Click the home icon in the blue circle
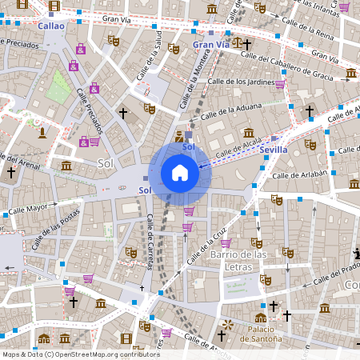(x=180, y=173)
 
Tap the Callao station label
(x=51, y=26)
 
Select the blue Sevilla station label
(x=274, y=150)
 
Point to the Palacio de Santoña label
(x=260, y=334)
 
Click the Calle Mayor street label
(x=28, y=212)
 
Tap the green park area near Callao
(x=58, y=86)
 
